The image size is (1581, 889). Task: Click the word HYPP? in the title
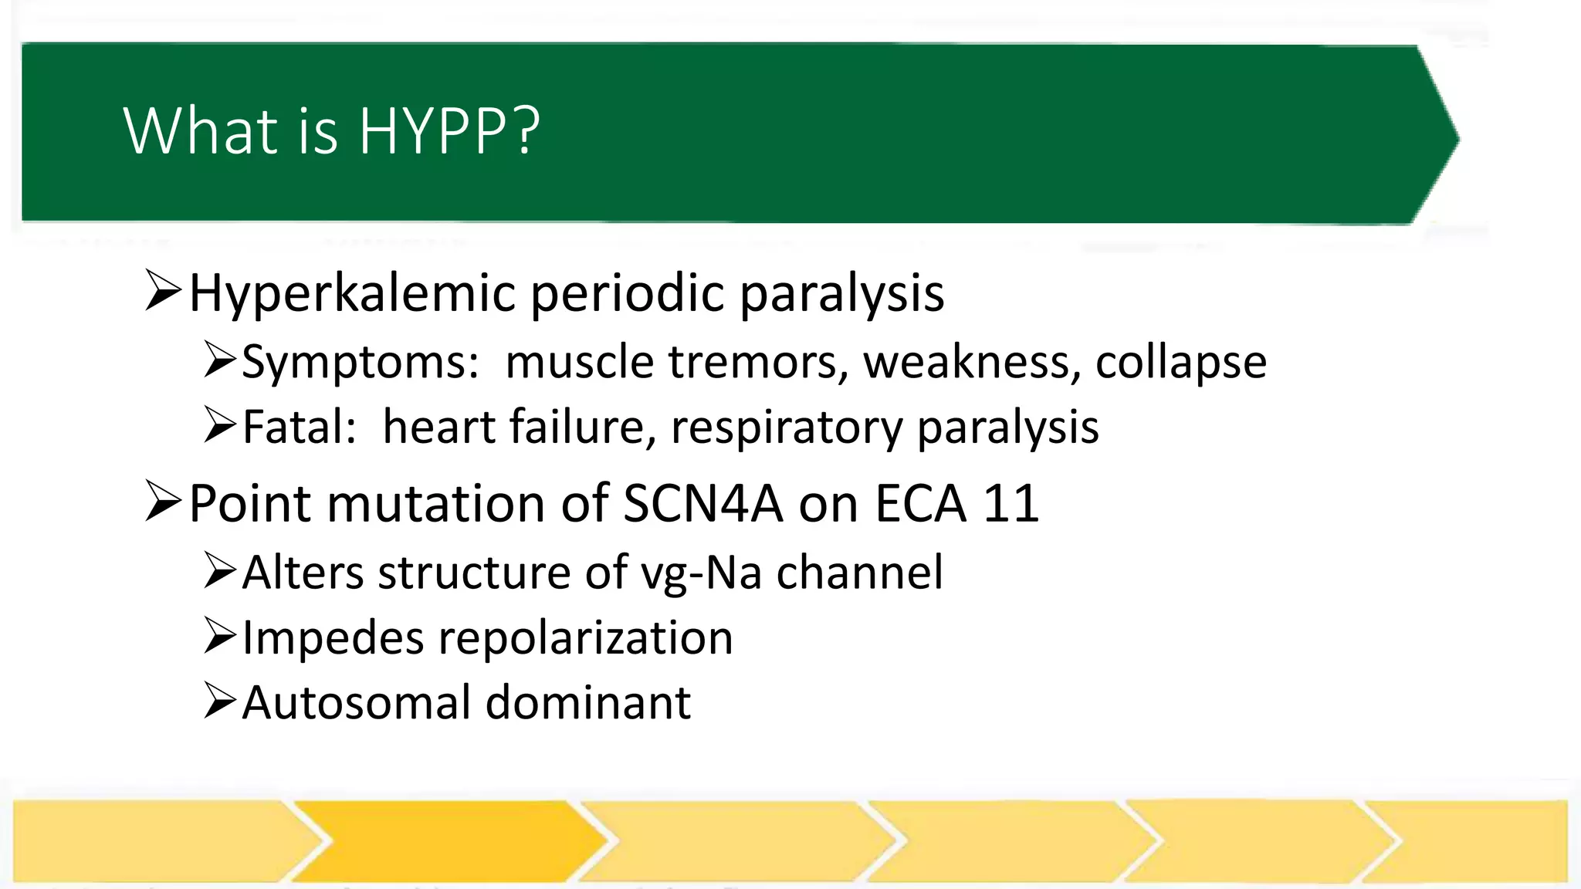pyautogui.click(x=449, y=131)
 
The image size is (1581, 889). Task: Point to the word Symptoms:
pyautogui.click(x=361, y=362)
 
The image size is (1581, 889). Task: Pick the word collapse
pyautogui.click(x=1181, y=362)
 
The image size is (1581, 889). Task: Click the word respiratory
pyautogui.click(x=787, y=428)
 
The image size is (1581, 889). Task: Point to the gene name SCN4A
pyautogui.click(x=702, y=504)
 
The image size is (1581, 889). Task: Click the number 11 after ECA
pyautogui.click(x=1011, y=504)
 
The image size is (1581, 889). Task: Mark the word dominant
pyautogui.click(x=588, y=703)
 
